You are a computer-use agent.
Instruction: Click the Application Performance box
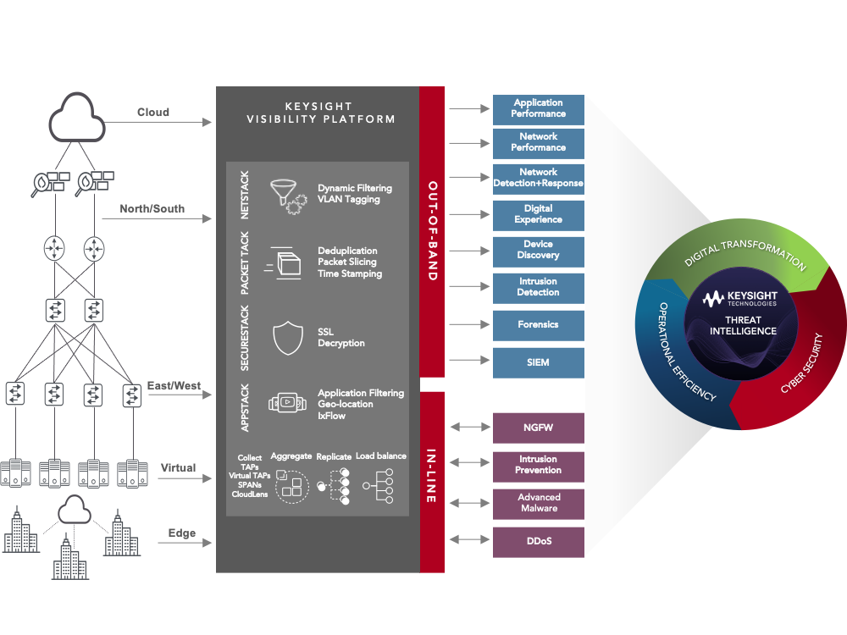[539, 108]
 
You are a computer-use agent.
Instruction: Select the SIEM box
[539, 362]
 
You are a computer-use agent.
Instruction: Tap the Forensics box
[539, 324]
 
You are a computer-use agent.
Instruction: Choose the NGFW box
[539, 428]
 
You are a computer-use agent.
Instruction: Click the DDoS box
[539, 541]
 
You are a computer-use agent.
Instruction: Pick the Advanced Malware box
[539, 503]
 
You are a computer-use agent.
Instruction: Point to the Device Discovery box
[539, 250]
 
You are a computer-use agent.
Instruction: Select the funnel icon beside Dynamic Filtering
[284, 194]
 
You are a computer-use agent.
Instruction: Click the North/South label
[152, 208]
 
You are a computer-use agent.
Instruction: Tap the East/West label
[174, 386]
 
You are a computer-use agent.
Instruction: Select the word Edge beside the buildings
[181, 533]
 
